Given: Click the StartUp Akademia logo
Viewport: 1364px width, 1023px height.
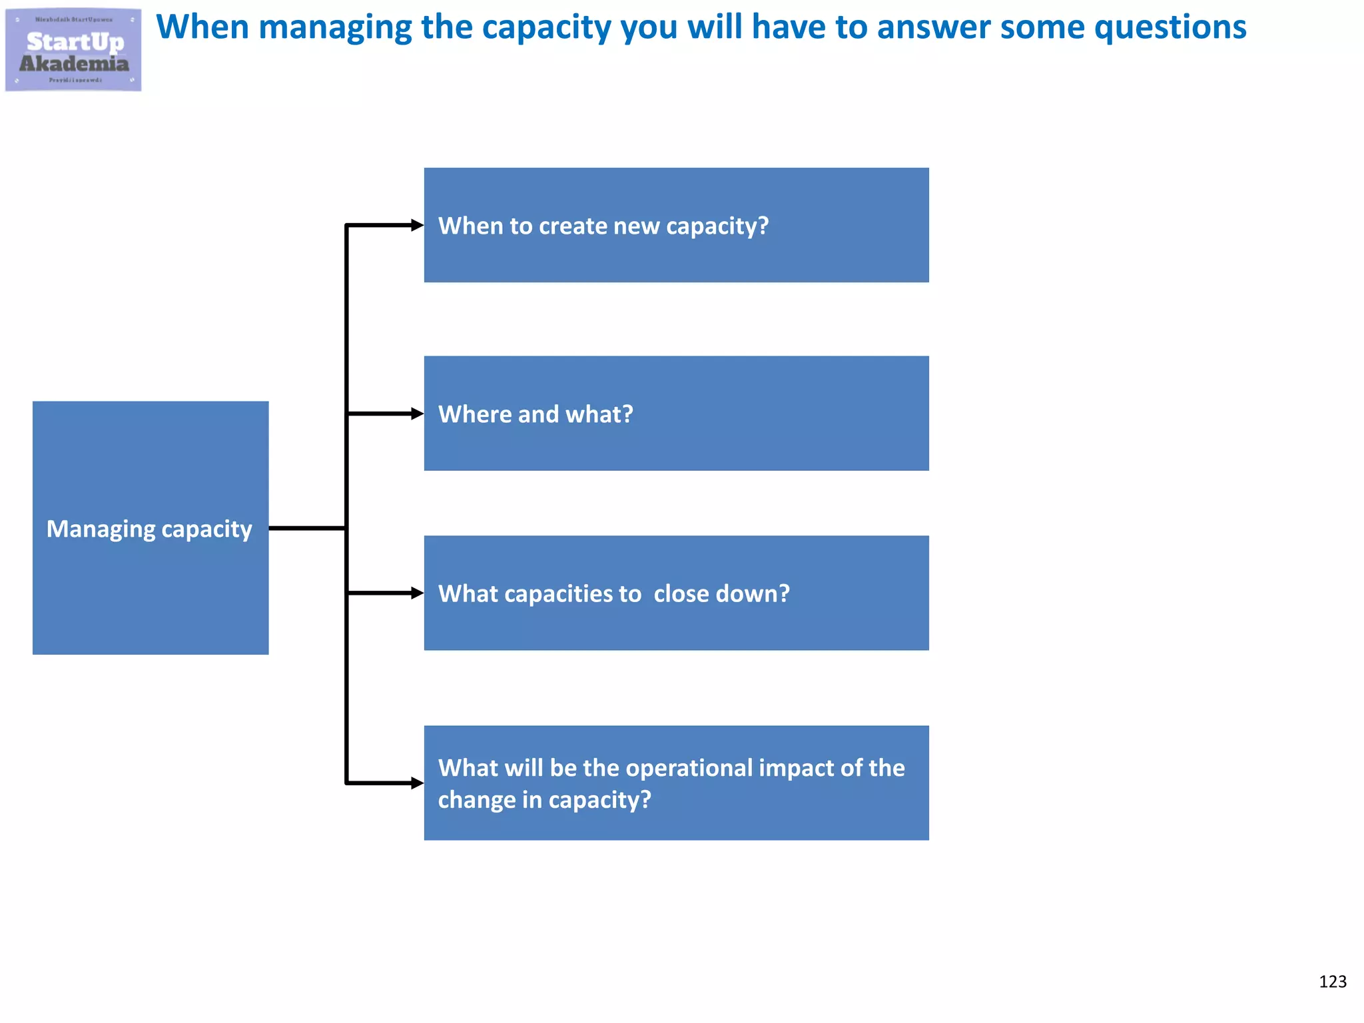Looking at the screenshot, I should tap(73, 50).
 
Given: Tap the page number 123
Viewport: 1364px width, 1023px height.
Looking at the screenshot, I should tap(1332, 982).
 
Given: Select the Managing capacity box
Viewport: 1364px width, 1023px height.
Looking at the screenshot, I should tap(151, 527).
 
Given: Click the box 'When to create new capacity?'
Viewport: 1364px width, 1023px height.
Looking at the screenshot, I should tap(676, 225).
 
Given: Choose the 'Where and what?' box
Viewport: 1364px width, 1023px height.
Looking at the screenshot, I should tap(676, 413).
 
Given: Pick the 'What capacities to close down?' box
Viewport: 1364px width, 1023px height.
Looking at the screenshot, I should tap(676, 593).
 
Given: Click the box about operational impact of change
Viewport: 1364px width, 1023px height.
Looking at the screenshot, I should tap(676, 783).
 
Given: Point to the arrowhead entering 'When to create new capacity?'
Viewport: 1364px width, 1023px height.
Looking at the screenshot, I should tap(417, 225).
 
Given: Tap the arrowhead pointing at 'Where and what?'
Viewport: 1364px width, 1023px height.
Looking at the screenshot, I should tap(417, 414).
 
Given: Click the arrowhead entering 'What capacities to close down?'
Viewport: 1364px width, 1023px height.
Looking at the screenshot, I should tap(417, 593).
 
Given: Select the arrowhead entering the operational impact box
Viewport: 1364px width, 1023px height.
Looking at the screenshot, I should tap(417, 783).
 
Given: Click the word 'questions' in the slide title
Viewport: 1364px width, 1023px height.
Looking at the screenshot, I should tap(1170, 28).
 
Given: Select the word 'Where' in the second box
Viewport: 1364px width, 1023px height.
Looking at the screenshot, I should tap(475, 414).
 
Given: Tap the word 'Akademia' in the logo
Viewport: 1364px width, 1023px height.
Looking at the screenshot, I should tap(74, 64).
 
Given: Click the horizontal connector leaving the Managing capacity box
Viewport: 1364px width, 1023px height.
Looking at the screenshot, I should tap(307, 528).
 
